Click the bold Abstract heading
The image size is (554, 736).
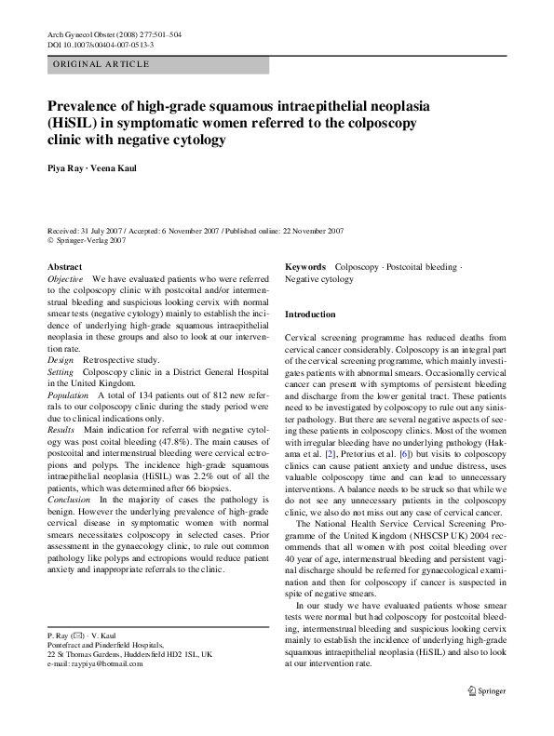64,267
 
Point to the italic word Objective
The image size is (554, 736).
65,279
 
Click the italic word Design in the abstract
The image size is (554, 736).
61,358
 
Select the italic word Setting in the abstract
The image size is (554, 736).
61,370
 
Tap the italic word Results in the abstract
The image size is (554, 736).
61,431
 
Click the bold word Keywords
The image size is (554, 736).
305,267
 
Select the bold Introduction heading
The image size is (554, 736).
310,314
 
